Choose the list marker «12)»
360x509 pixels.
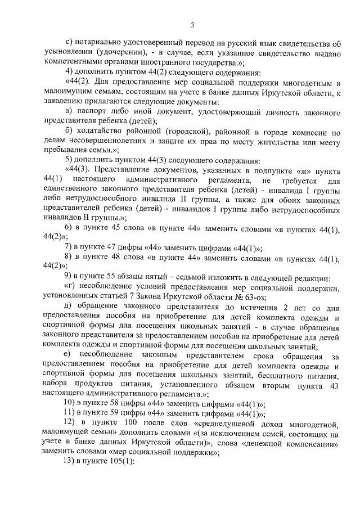[x=71, y=422]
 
